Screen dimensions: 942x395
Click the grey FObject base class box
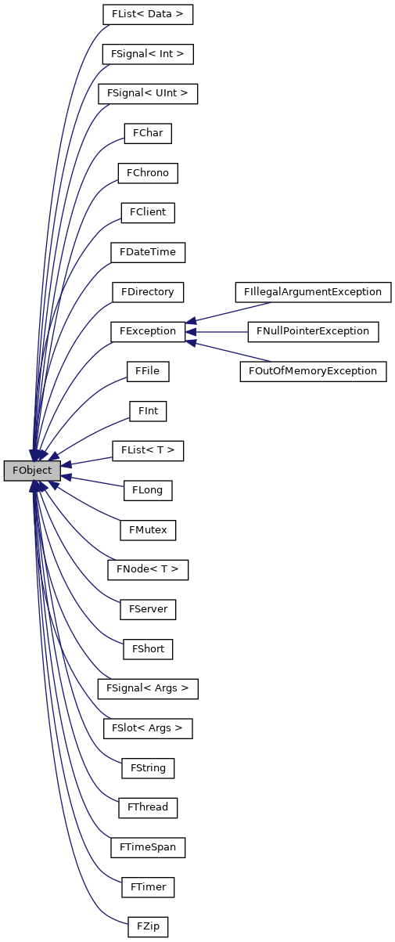coord(32,471)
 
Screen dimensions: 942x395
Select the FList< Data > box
coord(148,14)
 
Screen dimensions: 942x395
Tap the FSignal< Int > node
coord(148,54)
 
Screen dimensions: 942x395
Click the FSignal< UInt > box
coord(148,93)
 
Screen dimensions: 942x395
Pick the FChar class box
coord(148,133)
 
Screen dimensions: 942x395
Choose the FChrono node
coord(148,173)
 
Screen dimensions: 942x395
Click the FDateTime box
coord(148,252)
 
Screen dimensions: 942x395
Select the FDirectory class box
coord(148,292)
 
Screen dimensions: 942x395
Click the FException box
coord(148,331)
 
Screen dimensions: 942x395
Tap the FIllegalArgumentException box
coord(313,292)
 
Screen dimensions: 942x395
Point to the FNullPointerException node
coord(313,331)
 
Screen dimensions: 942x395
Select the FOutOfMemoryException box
coord(313,370)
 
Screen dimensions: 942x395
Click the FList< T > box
coord(148,451)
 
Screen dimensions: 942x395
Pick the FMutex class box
coord(148,530)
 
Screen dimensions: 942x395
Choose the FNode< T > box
coord(148,569)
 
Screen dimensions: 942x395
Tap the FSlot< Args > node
coord(148,728)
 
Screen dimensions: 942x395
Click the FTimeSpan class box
coord(148,847)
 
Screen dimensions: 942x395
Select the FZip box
coord(148,926)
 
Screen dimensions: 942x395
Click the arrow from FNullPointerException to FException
coord(217,331)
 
